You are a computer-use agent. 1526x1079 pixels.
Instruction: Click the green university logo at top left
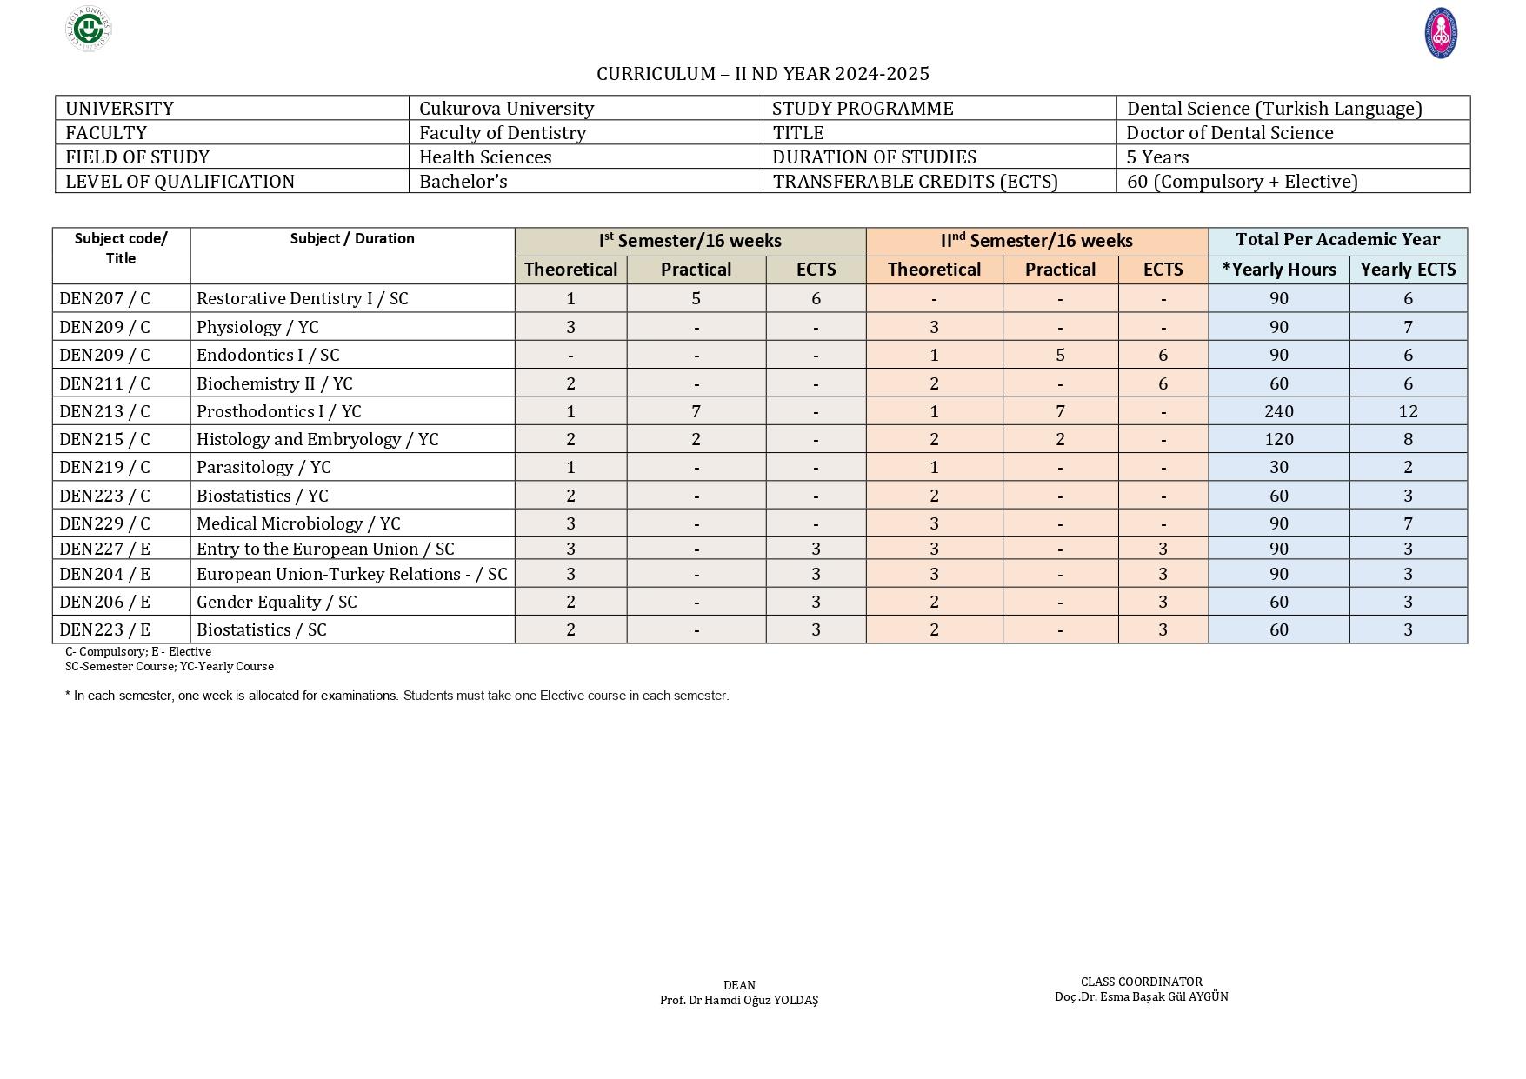click(x=89, y=29)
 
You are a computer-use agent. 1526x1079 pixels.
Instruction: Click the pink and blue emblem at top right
click(x=1440, y=34)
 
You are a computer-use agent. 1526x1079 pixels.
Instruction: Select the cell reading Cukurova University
click(x=506, y=109)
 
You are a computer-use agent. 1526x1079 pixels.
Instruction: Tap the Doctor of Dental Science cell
click(x=1229, y=133)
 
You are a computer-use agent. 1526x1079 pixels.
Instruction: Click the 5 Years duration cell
click(x=1157, y=157)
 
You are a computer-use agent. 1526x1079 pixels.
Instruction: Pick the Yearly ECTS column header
click(x=1408, y=270)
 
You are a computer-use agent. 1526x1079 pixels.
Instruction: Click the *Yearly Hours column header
click(x=1278, y=270)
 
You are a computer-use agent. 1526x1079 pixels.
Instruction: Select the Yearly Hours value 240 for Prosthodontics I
click(x=1278, y=411)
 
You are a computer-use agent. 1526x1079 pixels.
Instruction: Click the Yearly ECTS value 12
click(x=1408, y=411)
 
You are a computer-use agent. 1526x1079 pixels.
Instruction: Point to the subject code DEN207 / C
click(x=104, y=298)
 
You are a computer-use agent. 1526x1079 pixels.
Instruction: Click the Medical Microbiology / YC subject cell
click(x=298, y=523)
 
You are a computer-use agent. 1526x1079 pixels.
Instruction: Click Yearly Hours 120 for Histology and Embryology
click(x=1278, y=439)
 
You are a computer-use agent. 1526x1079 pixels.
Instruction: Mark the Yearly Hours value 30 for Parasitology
click(x=1278, y=467)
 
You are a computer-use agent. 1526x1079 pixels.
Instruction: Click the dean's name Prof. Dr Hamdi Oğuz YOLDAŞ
click(x=739, y=1000)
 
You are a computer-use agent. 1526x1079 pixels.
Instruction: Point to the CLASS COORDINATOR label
click(x=1141, y=982)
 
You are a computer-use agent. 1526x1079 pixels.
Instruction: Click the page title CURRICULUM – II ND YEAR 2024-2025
click(x=763, y=74)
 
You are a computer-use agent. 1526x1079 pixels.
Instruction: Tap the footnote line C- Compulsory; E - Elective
click(x=138, y=651)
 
